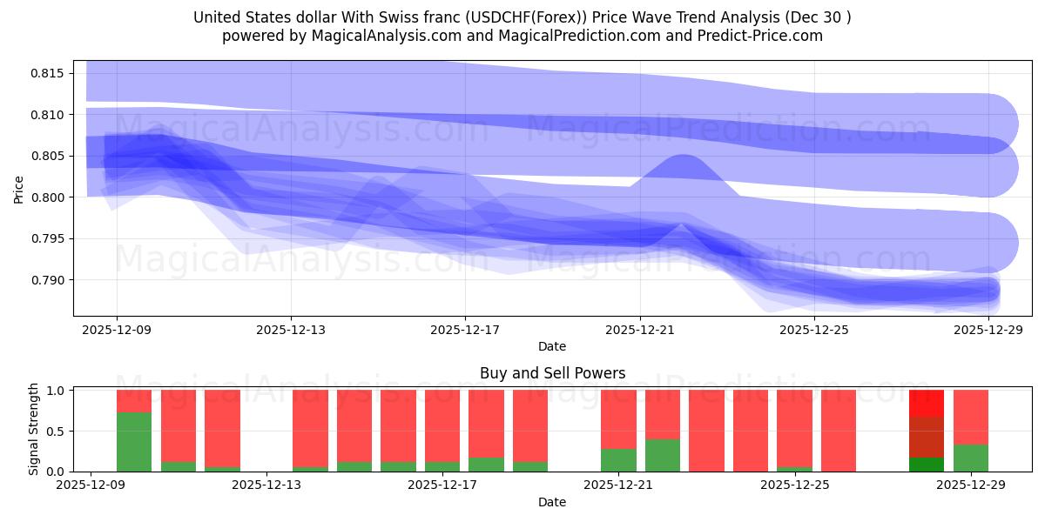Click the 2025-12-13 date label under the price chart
pyautogui.click(x=291, y=330)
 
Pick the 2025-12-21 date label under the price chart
pyautogui.click(x=639, y=330)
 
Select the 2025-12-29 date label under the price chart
pyautogui.click(x=988, y=330)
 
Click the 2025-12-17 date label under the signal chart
pyautogui.click(x=442, y=485)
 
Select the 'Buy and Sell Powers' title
pyautogui.click(x=552, y=373)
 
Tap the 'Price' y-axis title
pyautogui.click(x=19, y=188)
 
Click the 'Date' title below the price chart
pyautogui.click(x=552, y=346)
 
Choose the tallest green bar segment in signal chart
pyautogui.click(x=134, y=442)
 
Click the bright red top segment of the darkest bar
pyautogui.click(x=927, y=403)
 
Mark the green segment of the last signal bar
pyautogui.click(x=971, y=458)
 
